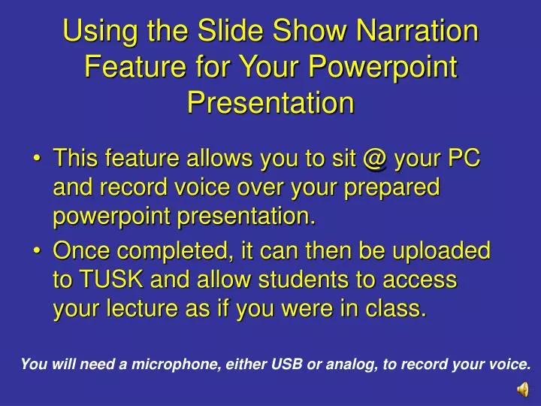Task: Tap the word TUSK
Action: coord(104,280)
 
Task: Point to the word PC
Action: coord(463,160)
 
